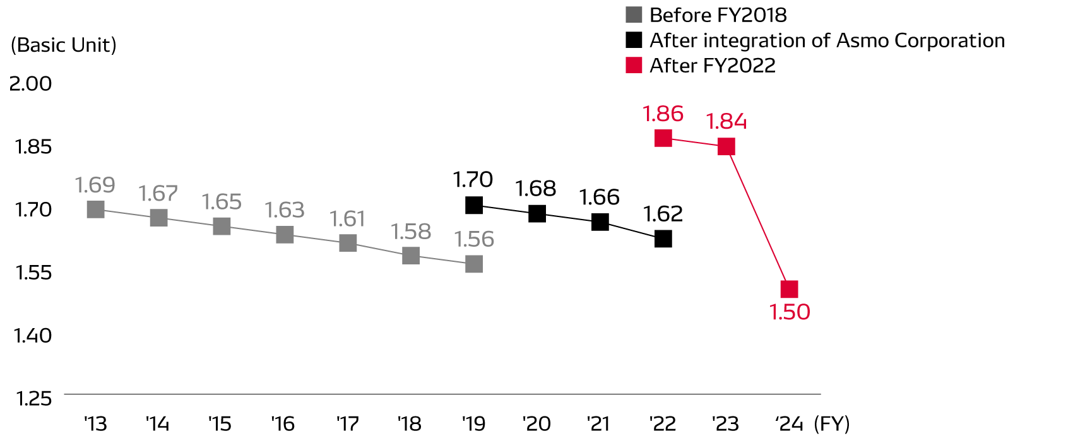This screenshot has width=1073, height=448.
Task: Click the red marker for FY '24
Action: pos(789,289)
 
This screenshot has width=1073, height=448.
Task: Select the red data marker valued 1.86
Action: pos(663,138)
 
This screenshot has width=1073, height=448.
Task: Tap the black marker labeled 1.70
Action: pos(473,205)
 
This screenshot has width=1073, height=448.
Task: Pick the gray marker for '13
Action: pos(95,209)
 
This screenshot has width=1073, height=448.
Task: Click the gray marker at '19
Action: pos(473,264)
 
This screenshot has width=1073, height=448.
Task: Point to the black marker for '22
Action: pos(663,239)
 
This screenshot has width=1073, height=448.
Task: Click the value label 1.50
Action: pos(790,312)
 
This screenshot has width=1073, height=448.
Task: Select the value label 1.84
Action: pos(726,121)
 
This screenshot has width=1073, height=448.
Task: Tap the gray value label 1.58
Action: pos(411,232)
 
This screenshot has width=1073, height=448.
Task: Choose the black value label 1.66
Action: pos(600,197)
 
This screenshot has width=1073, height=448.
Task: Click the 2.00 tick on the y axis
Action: pos(30,83)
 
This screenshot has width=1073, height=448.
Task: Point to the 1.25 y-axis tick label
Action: pos(33,398)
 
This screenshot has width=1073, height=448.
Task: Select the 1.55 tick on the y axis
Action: pos(33,272)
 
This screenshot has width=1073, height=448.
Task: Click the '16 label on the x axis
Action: pos(283,423)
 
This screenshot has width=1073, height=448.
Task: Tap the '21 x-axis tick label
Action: pos(598,423)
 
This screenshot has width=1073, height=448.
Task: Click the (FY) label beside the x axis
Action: pos(832,423)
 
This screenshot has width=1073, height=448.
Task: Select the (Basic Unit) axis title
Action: pos(64,45)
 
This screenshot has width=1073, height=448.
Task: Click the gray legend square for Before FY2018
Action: pos(634,15)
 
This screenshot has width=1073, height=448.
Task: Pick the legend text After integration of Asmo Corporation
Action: pos(827,40)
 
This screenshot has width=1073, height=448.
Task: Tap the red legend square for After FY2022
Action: pos(634,65)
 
